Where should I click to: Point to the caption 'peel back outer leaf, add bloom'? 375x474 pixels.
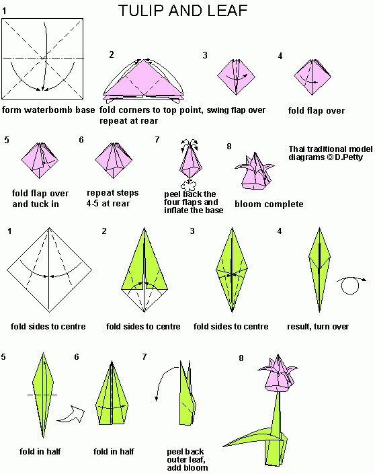tap(187, 459)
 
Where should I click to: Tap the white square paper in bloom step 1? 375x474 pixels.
tap(44, 60)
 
